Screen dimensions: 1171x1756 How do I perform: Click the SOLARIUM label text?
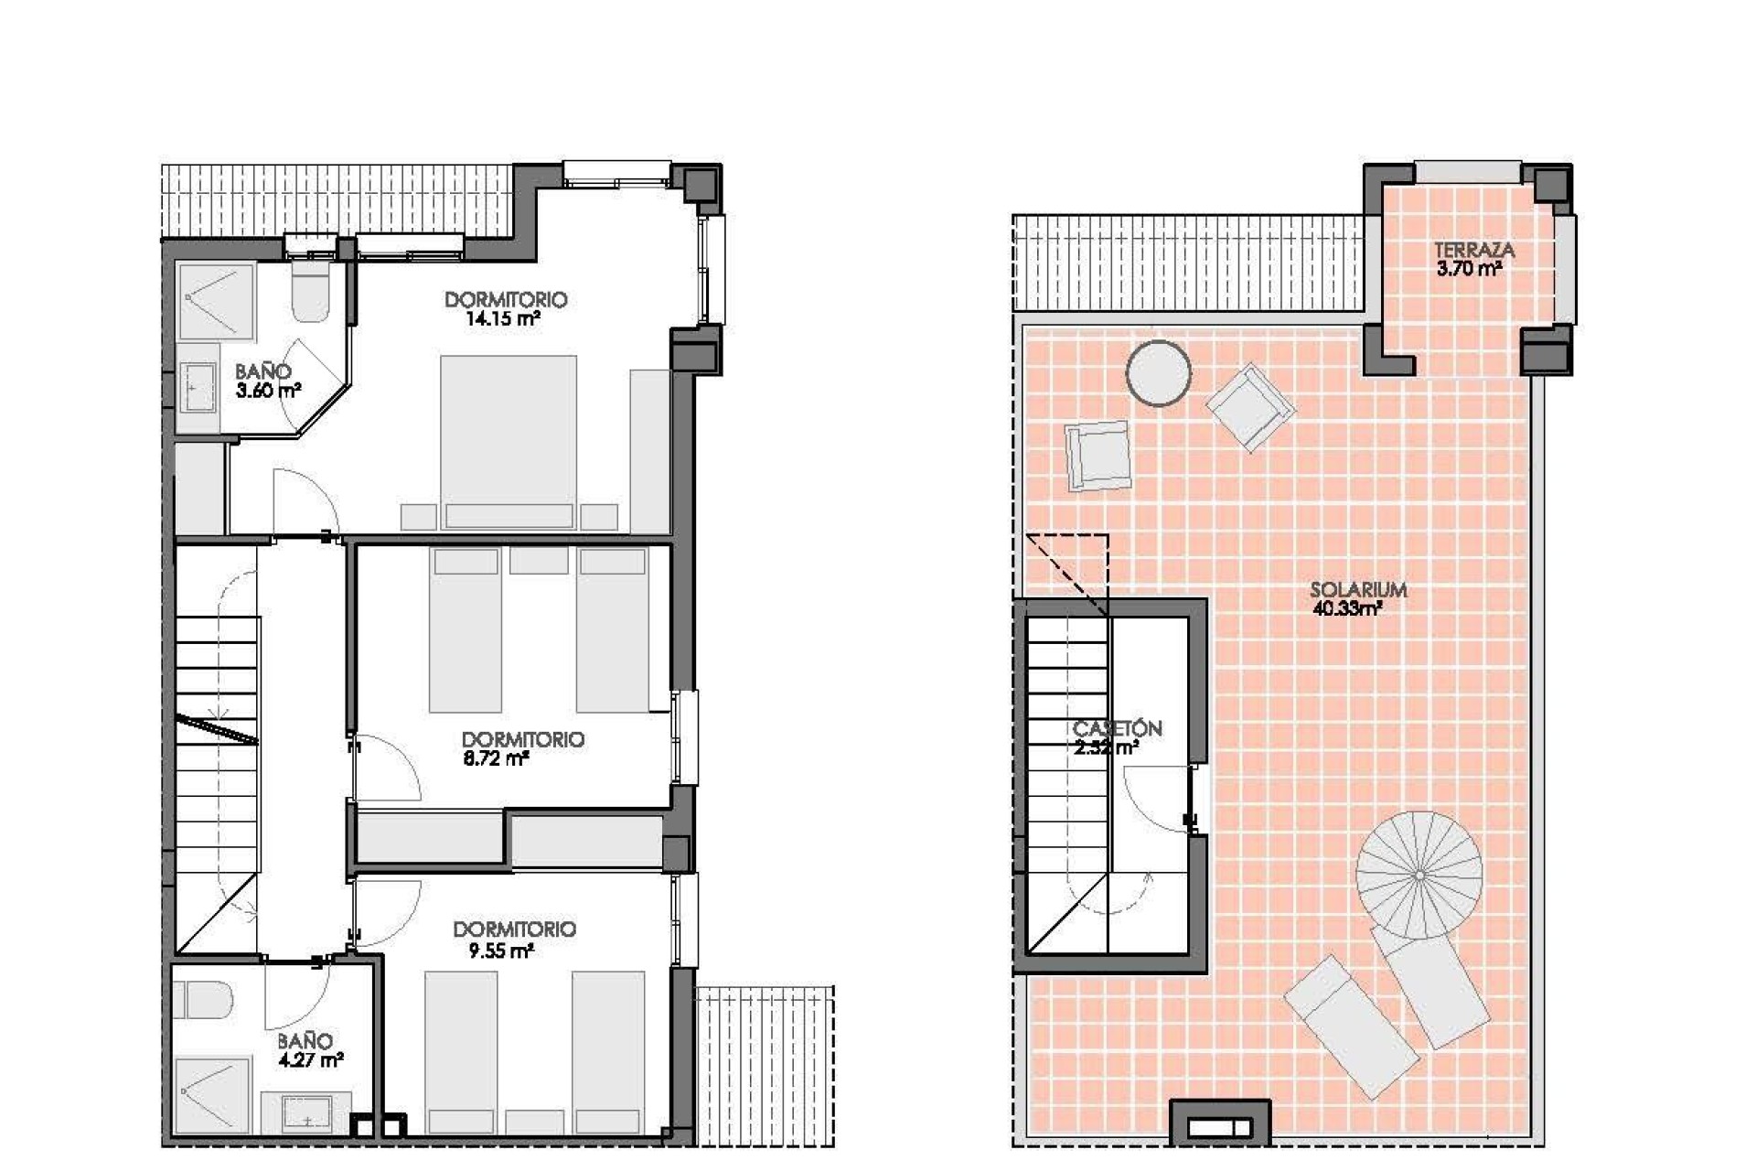pos(1357,590)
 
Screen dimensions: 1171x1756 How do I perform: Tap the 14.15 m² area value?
pos(502,319)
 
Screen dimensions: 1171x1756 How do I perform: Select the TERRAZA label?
pos(1473,250)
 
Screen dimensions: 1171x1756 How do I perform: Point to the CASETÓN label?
pos(1117,728)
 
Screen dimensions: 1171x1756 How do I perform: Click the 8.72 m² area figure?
pos(497,758)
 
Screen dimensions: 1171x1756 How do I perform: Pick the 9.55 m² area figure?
pos(500,951)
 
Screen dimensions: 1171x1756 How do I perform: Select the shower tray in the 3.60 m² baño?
pos(216,302)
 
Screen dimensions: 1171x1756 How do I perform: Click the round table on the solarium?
pos(1158,372)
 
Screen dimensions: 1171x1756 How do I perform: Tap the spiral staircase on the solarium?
pos(1419,875)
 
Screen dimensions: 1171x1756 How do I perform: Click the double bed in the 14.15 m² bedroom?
pos(509,442)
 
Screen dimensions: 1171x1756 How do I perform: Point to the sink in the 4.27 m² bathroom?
pos(306,1112)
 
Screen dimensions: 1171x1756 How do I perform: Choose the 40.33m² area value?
pos(1346,609)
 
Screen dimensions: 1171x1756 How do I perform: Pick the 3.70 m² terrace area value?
pos(1469,269)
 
